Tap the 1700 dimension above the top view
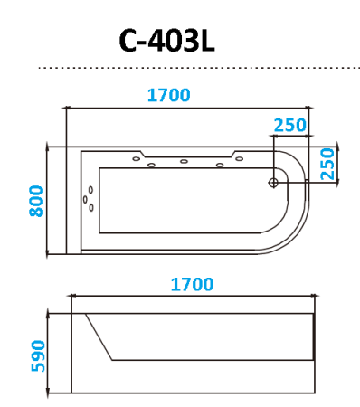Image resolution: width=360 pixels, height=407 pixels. coord(168,93)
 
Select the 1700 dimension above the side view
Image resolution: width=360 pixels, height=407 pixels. coord(191,283)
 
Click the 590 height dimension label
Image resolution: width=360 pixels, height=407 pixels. coord(36,352)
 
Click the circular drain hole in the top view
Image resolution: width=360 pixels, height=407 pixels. coord(273,182)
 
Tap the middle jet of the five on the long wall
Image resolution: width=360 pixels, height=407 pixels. coord(184,163)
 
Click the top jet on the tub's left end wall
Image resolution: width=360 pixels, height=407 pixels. coord(89,191)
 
